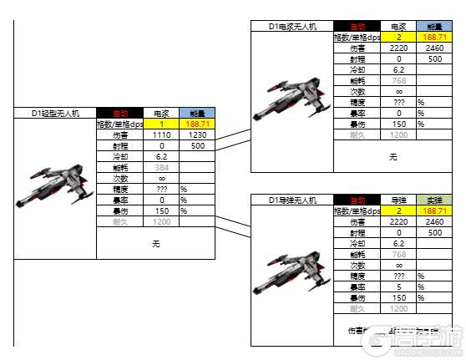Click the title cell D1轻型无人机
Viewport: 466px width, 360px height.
[54, 113]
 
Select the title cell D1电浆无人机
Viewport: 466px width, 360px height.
[291, 27]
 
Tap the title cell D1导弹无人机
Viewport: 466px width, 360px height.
[291, 200]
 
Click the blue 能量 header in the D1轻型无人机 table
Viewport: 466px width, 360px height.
[196, 113]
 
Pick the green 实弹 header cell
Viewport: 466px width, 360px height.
[433, 200]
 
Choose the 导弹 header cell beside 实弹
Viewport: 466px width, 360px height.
[398, 200]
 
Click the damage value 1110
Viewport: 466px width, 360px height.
[161, 134]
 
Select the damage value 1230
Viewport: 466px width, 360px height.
[196, 134]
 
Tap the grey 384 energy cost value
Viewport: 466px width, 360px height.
[161, 167]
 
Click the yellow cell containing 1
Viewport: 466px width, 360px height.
[161, 124]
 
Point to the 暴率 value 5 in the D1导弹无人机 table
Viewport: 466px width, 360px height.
[398, 286]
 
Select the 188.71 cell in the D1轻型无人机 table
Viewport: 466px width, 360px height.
[196, 124]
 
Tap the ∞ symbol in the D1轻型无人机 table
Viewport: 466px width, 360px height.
[161, 178]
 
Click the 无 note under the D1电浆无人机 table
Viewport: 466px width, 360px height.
[393, 156]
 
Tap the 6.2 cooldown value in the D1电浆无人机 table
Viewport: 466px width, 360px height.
[398, 70]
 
